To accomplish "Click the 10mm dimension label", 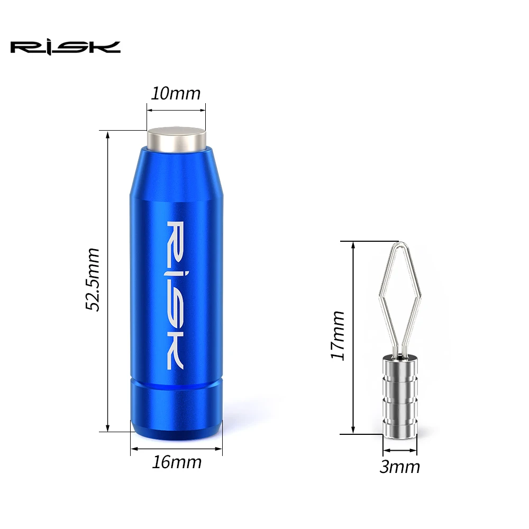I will [x=176, y=94].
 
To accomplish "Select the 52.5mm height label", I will [x=94, y=279].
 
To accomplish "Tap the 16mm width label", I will [x=177, y=462].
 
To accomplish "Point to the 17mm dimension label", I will [x=337, y=335].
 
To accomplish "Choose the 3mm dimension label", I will [x=400, y=467].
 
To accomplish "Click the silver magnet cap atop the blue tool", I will [x=176, y=138].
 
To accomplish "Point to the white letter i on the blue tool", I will [x=176, y=272].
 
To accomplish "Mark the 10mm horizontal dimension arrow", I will [x=176, y=110].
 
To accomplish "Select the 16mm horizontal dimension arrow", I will [x=177, y=449].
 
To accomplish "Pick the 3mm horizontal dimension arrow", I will [x=400, y=451].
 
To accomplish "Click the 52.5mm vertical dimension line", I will [x=108, y=280].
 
